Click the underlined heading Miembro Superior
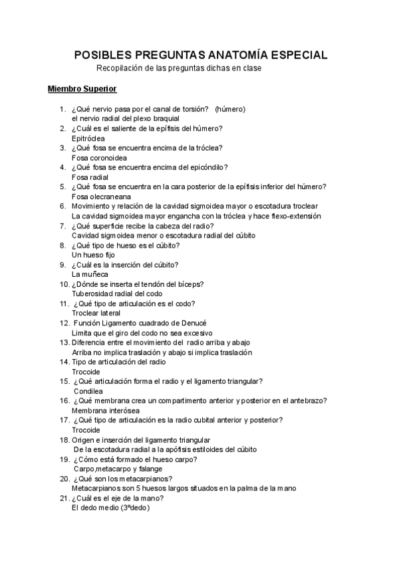click(x=82, y=88)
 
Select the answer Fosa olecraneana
click(x=101, y=197)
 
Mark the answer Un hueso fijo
click(x=94, y=255)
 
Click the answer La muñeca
click(x=90, y=274)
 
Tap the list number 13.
click(x=65, y=342)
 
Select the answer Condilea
click(x=89, y=391)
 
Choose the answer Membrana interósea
click(x=102, y=410)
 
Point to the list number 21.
click(x=65, y=499)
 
